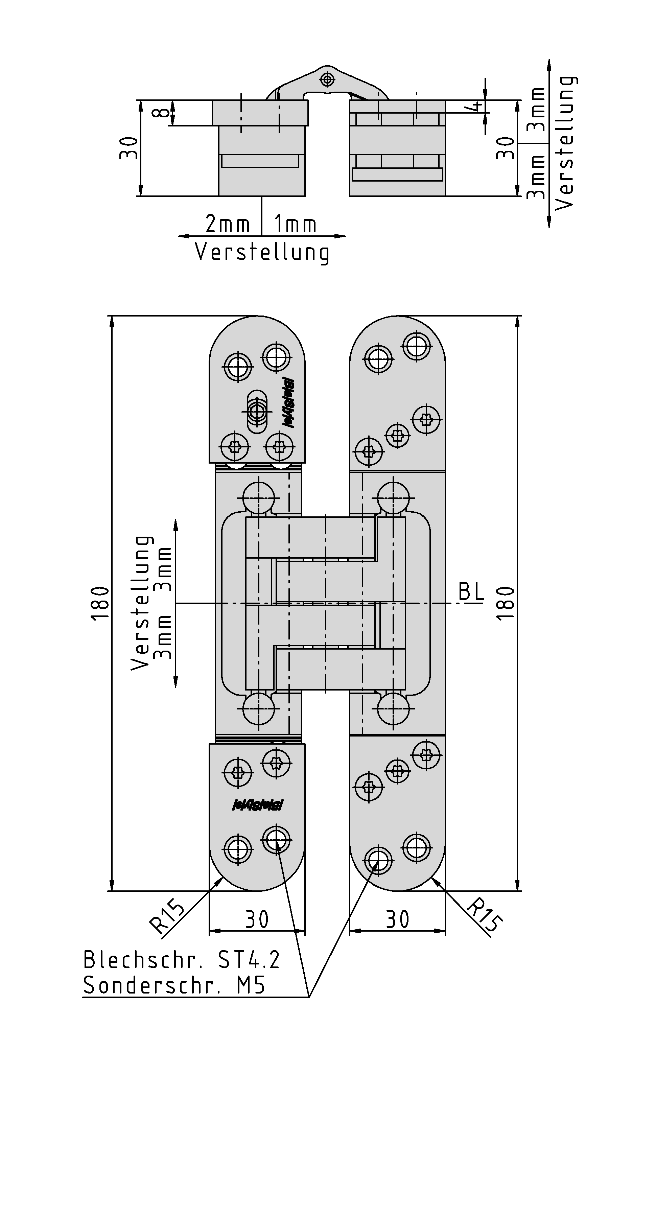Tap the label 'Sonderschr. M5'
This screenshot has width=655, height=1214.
coord(174,985)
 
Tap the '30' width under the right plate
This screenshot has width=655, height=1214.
coord(398,919)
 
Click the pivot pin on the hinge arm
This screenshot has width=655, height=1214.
coord(327,79)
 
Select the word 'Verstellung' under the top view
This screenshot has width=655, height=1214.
coord(262,252)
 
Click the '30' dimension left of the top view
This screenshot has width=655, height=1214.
coord(128,148)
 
